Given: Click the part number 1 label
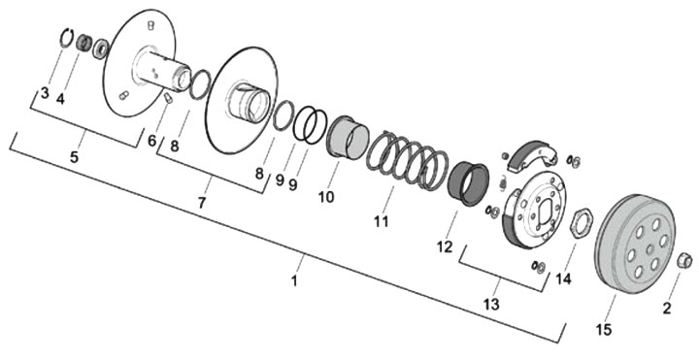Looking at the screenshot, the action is [x=294, y=281].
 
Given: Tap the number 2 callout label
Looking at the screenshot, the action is [x=666, y=309].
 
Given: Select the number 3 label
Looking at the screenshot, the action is [x=44, y=93].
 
